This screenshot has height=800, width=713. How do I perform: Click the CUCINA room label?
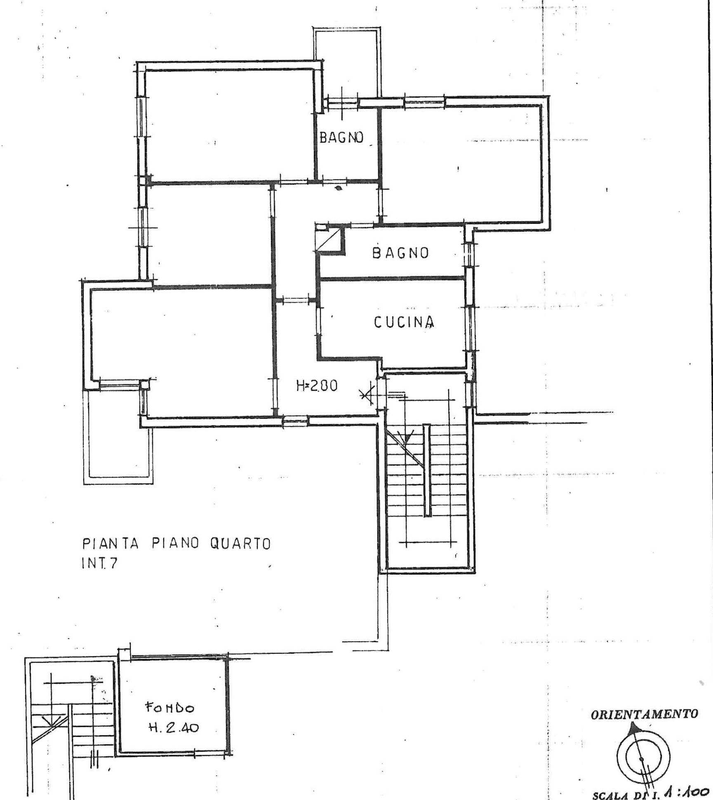404,322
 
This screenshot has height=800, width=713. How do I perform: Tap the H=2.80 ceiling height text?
317,386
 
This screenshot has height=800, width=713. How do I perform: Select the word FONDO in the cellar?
169,708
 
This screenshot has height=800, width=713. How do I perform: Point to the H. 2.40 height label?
174,728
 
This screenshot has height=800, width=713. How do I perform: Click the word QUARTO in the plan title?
240,544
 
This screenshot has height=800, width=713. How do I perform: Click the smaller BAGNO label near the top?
341,137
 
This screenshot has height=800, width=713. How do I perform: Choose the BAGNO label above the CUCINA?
400,253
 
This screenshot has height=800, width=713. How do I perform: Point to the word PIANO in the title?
176,544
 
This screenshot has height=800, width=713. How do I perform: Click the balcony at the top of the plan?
347,64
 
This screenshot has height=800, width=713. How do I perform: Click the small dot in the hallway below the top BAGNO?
339,189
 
